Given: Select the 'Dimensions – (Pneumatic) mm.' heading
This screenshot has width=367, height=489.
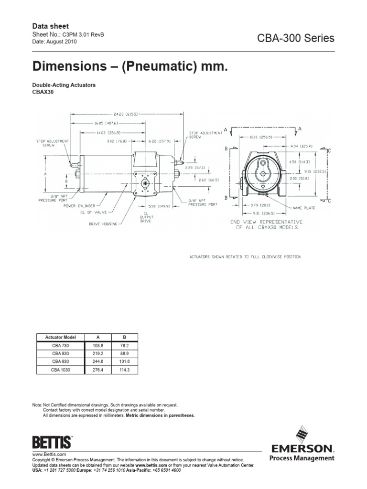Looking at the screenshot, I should coord(127,65).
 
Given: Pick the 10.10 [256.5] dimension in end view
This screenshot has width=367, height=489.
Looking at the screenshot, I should coord(261,137).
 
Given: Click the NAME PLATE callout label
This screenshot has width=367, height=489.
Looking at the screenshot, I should coord(303,208).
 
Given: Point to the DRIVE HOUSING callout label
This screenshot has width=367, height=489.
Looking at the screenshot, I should coord(105,223).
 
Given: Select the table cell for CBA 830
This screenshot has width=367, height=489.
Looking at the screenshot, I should coord(60,354).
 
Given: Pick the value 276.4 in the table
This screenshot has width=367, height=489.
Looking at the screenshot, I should coord(97,370).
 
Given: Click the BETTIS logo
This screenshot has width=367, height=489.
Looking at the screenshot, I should coord(52,441).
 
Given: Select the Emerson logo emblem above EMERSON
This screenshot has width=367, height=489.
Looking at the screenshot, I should coord(302,435).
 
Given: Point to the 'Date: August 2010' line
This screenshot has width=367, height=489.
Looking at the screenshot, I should coord(54,42).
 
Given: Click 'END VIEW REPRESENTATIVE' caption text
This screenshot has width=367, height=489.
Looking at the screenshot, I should coord(266,222).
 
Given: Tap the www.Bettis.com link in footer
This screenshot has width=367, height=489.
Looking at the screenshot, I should coord(48,455).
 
